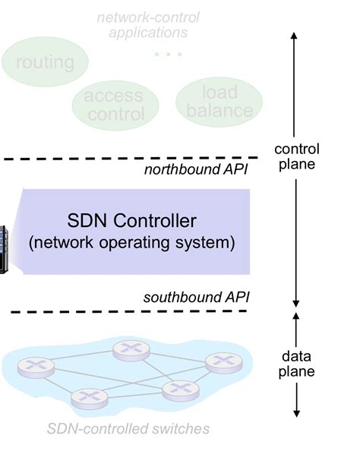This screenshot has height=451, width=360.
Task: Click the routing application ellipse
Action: pyautogui.click(x=46, y=61)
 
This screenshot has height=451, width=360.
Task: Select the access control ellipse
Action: pyautogui.click(x=114, y=106)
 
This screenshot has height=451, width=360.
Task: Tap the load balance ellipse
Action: pyautogui.click(x=219, y=101)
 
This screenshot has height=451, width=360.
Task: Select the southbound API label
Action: pyautogui.click(x=196, y=296)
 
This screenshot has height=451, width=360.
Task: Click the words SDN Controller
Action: pyautogui.click(x=131, y=222)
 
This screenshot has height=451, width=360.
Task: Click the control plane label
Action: pyautogui.click(x=296, y=156)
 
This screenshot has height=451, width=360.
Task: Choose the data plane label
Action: pyautogui.click(x=296, y=364)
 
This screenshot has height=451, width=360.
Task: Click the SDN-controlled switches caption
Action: pyautogui.click(x=128, y=429)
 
